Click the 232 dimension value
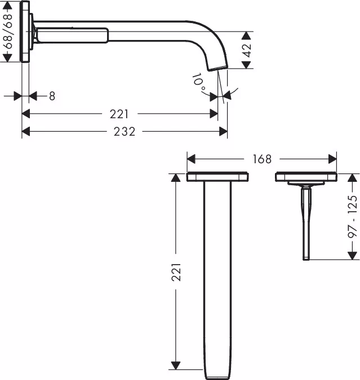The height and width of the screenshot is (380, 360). tap(124, 132)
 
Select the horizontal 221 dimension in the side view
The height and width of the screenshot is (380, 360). tap(119, 114)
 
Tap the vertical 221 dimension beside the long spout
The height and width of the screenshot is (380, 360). tap(176, 272)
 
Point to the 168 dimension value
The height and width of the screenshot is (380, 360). tap(262, 159)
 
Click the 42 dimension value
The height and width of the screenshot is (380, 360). tap(247, 51)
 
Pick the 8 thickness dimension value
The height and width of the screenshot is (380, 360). tap(52, 96)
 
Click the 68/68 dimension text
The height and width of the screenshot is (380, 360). tap(8, 32)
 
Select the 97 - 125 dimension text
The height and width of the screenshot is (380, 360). tap(353, 216)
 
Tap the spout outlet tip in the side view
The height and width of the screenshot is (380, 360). tap(218, 68)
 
